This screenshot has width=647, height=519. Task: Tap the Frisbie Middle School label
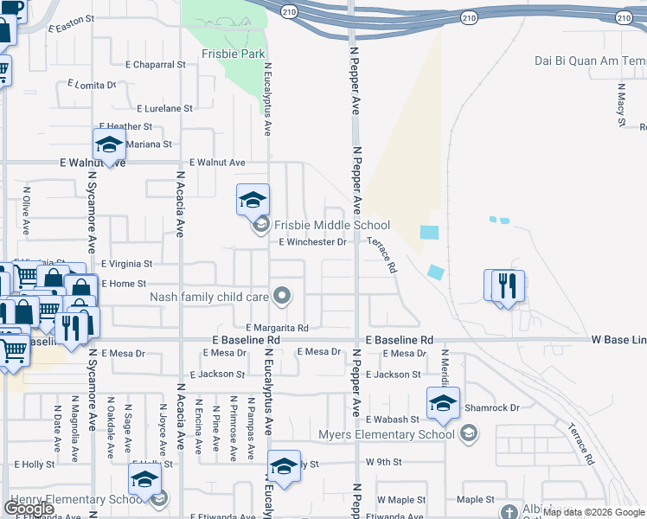tap(332, 225)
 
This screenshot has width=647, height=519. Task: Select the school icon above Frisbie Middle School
tap(253, 201)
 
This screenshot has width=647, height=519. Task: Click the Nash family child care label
tap(209, 297)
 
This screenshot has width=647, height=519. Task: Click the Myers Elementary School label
tap(387, 433)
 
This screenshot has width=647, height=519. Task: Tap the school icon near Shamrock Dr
tap(443, 403)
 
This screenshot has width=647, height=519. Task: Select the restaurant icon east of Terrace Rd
tap(508, 285)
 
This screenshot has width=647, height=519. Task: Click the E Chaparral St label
tap(156, 65)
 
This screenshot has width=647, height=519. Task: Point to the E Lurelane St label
tap(165, 109)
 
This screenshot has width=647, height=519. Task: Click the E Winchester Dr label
tap(312, 242)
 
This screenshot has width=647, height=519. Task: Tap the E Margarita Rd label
tap(277, 329)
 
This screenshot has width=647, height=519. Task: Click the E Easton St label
tap(70, 29)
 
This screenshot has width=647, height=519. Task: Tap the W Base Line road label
tap(619, 341)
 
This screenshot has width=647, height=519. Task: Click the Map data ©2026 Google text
tap(597, 512)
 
